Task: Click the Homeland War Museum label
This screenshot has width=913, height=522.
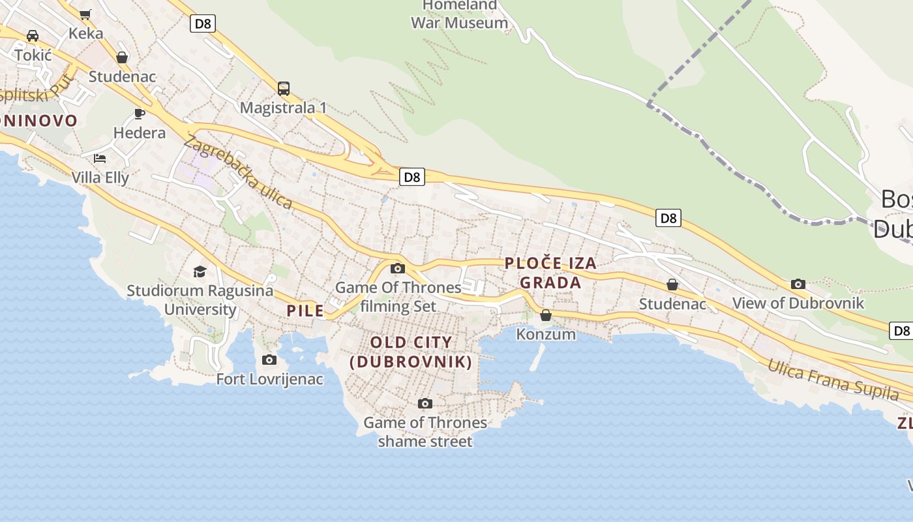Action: tap(459, 14)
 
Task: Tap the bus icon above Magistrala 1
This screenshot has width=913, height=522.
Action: tap(284, 89)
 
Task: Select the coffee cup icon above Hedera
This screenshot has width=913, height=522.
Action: tap(140, 114)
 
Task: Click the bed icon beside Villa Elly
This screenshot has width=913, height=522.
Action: tap(100, 158)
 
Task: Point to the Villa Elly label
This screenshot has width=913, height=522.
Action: tap(100, 177)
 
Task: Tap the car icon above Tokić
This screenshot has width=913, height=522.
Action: tap(33, 36)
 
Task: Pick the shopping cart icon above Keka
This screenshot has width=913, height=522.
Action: tap(85, 14)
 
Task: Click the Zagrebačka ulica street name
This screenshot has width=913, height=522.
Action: tap(238, 172)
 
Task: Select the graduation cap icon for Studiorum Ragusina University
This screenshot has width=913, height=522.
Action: tap(200, 271)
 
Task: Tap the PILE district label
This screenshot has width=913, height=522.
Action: tap(305, 311)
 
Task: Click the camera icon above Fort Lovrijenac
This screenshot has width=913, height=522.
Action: tap(269, 360)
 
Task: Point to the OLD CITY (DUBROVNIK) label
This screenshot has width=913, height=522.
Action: tap(411, 352)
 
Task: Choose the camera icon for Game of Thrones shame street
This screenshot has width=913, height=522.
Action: tap(425, 403)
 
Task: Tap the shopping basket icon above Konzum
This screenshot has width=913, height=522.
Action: tap(546, 315)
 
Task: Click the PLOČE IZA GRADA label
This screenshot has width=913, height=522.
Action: tap(551, 273)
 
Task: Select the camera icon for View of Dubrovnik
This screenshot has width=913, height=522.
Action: tap(798, 284)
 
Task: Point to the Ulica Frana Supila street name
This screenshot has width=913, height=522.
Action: tap(833, 379)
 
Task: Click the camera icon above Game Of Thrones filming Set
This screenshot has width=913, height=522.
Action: tap(397, 268)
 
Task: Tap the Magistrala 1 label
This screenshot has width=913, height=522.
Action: tap(283, 108)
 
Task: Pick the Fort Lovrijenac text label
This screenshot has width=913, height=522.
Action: tap(269, 379)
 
